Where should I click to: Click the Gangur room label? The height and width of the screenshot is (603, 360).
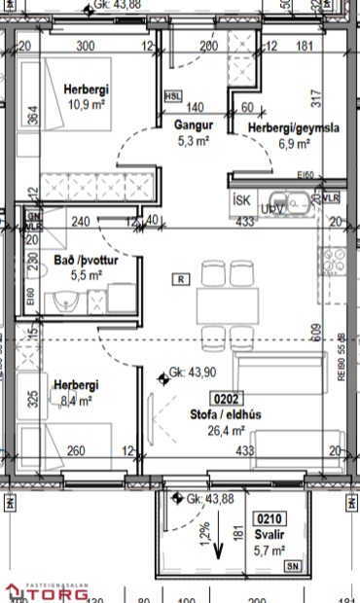(x=194, y=125)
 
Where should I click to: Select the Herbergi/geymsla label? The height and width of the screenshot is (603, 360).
(x=292, y=128)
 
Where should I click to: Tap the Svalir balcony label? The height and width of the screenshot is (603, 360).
(x=270, y=536)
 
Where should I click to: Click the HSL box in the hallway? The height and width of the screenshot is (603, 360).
(x=173, y=95)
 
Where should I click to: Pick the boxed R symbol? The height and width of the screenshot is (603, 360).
(x=180, y=279)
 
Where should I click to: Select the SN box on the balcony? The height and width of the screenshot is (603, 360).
(x=293, y=565)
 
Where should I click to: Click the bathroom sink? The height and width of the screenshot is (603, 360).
(x=65, y=302)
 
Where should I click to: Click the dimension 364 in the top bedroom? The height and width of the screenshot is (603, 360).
(x=33, y=115)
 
